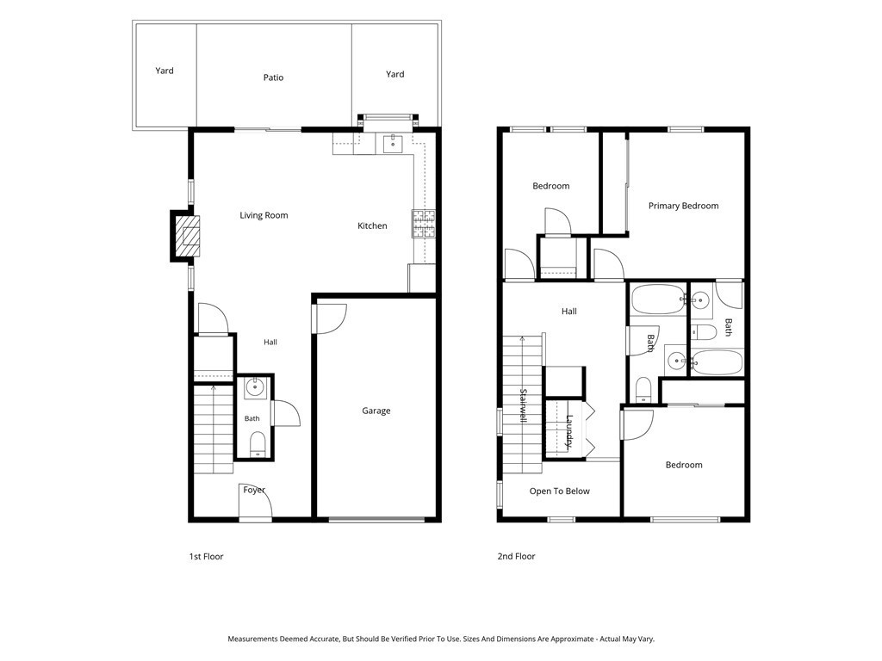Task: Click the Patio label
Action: tap(273, 77)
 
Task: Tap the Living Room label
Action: tap(264, 215)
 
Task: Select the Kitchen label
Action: tap(372, 226)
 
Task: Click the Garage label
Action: tap(376, 411)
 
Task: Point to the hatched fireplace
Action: tap(187, 236)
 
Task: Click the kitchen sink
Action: tap(393, 144)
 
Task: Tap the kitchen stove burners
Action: tap(424, 223)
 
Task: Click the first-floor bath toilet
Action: tap(258, 443)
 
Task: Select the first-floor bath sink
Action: tap(255, 388)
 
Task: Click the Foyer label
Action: tap(254, 490)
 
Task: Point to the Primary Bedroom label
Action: tap(683, 206)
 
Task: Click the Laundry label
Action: tap(569, 431)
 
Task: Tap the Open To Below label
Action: tap(560, 491)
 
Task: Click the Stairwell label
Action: tap(523, 405)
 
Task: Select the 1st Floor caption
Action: tap(207, 557)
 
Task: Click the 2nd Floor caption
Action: tap(517, 557)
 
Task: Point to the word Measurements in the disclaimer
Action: tap(252, 639)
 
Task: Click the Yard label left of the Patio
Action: tap(165, 71)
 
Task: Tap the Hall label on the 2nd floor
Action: tap(569, 312)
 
